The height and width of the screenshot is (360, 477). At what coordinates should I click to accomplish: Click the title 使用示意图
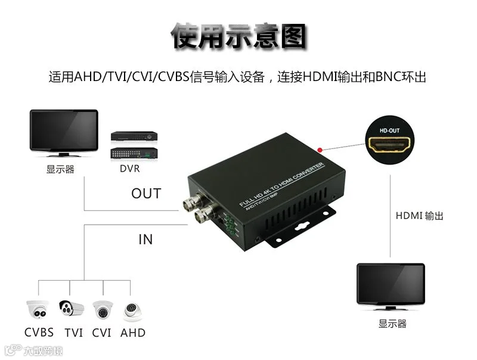pos(238,37)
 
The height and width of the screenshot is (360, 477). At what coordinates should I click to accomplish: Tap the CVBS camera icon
pos(37,311)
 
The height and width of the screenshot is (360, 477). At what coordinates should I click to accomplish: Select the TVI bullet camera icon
pos(70,309)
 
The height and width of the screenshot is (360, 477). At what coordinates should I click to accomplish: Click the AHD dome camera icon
pos(132,312)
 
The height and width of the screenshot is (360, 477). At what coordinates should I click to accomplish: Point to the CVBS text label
pos(39,333)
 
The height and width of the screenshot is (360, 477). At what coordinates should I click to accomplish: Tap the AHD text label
pos(132,333)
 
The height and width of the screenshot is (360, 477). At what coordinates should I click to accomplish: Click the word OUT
pos(146,194)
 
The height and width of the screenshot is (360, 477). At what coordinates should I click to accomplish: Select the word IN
pos(145,240)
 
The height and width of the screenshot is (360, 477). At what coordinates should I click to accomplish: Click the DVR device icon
pos(134,144)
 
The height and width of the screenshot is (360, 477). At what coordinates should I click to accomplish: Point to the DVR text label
pos(129,169)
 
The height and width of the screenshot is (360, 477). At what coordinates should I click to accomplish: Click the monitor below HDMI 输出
pos(391,286)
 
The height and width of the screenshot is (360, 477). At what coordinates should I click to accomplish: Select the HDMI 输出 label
pos(419,216)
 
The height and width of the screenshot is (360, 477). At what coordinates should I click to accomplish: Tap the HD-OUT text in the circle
pos(388,129)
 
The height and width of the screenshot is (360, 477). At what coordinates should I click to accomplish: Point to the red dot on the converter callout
pos(321,150)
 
